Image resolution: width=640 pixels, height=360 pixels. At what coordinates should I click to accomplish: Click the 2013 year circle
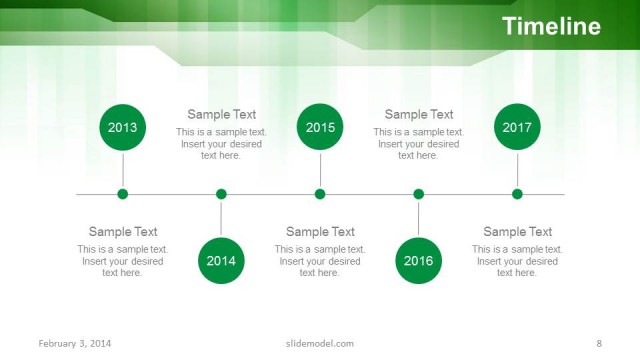[123, 127]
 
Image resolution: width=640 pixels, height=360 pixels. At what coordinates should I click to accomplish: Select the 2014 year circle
[221, 261]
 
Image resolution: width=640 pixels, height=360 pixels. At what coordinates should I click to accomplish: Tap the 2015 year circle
[320, 127]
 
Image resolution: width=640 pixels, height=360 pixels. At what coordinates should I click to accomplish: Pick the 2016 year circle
[418, 261]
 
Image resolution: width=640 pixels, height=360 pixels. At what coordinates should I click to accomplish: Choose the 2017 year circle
[517, 127]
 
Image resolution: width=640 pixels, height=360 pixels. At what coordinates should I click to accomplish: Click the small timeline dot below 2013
[123, 194]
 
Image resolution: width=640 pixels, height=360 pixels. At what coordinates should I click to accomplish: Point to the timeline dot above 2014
[221, 194]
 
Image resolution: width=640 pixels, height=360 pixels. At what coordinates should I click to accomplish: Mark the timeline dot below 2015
[320, 194]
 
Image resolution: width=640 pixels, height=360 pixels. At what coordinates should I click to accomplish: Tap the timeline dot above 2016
[418, 194]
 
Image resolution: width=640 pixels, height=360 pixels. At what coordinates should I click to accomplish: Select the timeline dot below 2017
[517, 194]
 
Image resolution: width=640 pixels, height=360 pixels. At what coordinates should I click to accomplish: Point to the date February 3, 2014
[75, 344]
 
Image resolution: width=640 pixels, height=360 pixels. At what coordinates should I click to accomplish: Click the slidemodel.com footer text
[320, 344]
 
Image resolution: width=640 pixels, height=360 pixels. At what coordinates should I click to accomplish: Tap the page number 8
[598, 344]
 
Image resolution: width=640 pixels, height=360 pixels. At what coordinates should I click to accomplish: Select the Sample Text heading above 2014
[221, 115]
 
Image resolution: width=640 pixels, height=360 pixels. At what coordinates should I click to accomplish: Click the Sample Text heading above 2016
[418, 115]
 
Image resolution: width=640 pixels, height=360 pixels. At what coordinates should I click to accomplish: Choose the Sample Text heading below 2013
[123, 232]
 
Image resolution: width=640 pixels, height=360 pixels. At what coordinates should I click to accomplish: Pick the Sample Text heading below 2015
[320, 232]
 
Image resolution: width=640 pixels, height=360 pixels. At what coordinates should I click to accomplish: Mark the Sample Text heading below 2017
[517, 232]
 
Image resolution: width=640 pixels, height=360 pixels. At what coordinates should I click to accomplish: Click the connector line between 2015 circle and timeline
[320, 168]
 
